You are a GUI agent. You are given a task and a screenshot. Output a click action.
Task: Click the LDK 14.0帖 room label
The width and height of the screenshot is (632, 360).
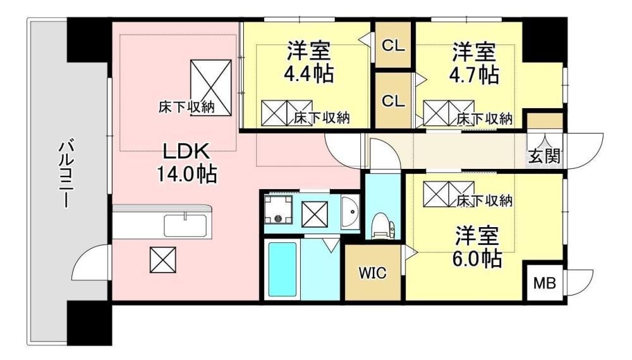tap(186, 163)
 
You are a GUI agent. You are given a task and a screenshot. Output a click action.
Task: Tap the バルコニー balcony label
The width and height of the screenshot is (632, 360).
tap(66, 173)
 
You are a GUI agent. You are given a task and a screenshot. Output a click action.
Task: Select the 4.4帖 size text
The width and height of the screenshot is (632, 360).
tap(309, 73)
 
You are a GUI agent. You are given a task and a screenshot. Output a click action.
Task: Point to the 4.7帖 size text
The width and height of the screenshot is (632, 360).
tap(474, 74)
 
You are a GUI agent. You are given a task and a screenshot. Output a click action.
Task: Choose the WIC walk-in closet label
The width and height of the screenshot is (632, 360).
tap(372, 273)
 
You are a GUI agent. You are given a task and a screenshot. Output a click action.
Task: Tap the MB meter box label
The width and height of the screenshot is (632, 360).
tap(545, 283)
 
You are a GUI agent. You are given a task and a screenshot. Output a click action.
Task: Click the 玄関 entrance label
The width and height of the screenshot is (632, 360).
tap(545, 156)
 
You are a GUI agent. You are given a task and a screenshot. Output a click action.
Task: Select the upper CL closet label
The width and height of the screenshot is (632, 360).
tap(393, 46)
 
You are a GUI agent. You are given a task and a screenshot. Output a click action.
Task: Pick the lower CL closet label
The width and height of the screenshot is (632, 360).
tap(393, 101)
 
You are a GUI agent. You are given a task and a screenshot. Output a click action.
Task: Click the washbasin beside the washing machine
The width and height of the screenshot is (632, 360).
tap(350, 213)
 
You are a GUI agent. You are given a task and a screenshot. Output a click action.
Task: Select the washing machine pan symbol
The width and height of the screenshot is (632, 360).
tap(277, 210)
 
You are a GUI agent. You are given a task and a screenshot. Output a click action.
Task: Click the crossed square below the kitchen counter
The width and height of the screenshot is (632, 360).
tap(163, 260)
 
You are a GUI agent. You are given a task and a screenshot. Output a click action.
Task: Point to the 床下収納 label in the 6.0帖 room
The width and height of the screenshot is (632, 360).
tap(485, 201)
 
